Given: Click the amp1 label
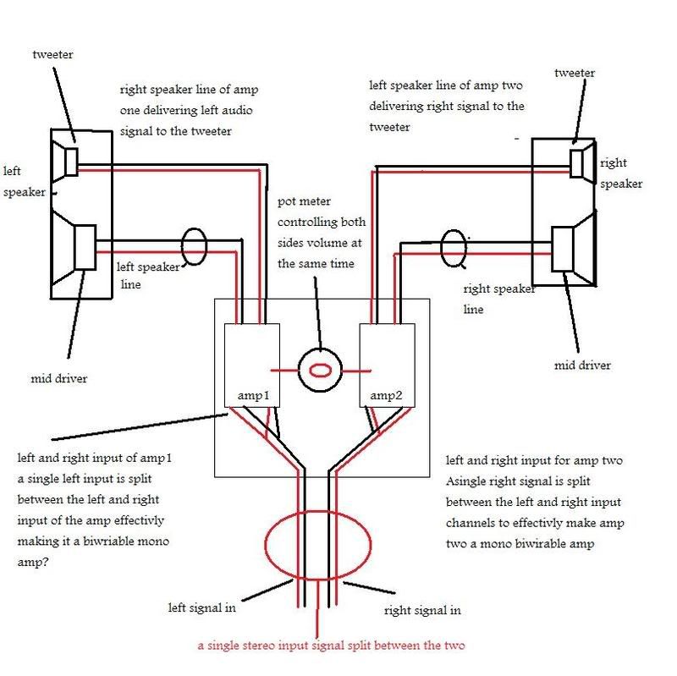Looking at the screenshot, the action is point(253,396).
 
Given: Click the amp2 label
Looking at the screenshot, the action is point(386,396).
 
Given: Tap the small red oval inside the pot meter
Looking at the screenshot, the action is point(321,371).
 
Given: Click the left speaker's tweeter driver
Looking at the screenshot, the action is point(71,162).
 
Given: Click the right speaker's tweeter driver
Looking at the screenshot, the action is point(576,163).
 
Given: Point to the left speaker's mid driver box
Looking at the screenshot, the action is point(85,247).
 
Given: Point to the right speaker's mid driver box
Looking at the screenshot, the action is point(563,250).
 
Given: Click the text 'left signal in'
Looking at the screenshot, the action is point(202,607).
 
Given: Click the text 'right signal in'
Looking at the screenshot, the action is point(422,610).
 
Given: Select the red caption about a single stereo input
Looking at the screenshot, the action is point(331,646).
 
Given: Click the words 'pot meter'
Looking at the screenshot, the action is point(304,201).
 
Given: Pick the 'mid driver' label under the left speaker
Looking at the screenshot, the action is point(59,379).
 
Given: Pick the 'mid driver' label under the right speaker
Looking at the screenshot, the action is point(582,365).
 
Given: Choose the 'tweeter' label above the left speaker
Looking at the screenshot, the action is point(52,55).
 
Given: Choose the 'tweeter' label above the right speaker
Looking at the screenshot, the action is point(575,74).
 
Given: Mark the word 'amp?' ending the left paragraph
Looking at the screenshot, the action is point(33,563).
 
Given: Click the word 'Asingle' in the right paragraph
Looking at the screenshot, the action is point(467,481).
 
